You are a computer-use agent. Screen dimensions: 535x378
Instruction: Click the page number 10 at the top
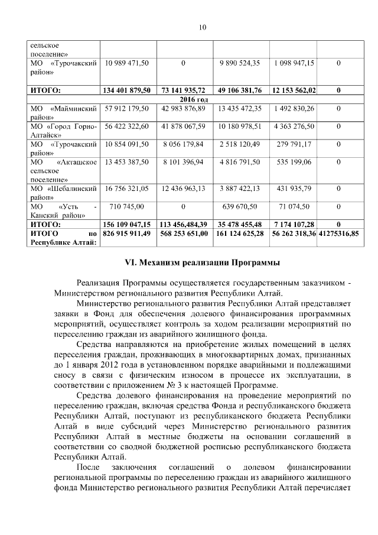(x=202, y=27)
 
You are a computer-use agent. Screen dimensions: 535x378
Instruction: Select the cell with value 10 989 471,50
(x=127, y=63)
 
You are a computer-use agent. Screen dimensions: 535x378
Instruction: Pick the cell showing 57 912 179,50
(x=127, y=108)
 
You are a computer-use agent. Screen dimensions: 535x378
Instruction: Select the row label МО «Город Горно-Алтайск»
(x=64, y=130)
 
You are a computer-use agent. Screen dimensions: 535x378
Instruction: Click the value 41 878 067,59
(x=183, y=126)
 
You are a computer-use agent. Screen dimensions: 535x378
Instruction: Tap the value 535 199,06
(x=293, y=161)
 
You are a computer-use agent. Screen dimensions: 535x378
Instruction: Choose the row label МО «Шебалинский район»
(x=64, y=192)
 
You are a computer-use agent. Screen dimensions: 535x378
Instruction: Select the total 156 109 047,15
(x=127, y=225)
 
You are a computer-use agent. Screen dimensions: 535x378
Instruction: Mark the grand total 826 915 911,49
(x=127, y=234)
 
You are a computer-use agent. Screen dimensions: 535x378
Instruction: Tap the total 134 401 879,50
(x=127, y=90)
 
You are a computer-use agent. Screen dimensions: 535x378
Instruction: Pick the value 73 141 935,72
(x=183, y=90)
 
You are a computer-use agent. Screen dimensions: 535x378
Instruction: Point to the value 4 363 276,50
(x=293, y=126)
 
